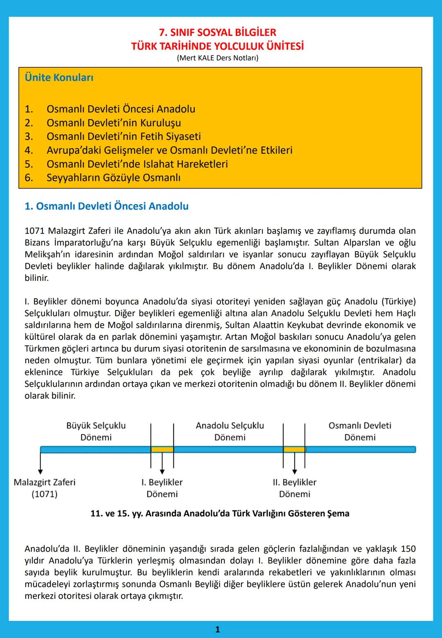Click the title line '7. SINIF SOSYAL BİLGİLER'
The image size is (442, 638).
[217, 33]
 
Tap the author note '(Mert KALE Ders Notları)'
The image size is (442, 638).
[217, 58]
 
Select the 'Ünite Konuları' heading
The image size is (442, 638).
[59, 77]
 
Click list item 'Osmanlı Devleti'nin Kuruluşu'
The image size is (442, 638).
[113, 123]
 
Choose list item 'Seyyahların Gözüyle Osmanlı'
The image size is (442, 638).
[113, 177]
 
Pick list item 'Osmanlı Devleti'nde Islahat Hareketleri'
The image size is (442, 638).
[137, 164]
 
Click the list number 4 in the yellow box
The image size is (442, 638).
[29, 150]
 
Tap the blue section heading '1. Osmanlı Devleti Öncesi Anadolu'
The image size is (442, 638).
[106, 206]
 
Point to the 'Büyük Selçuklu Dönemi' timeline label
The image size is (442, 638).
[96, 431]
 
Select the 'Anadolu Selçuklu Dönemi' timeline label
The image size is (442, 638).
[230, 431]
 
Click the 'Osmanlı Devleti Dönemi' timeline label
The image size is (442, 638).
[360, 431]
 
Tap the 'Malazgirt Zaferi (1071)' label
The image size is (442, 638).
[45, 488]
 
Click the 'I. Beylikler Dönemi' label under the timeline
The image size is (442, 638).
[162, 488]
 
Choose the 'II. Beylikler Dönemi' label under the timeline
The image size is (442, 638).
[295, 488]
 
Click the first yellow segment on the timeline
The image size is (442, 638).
[162, 449]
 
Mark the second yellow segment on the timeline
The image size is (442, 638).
[294, 449]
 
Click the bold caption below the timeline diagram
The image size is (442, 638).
[220, 513]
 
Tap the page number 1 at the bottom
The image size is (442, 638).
[217, 629]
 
